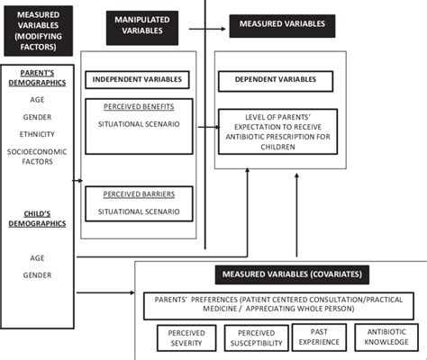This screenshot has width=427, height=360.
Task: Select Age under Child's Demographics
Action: (35, 256)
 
